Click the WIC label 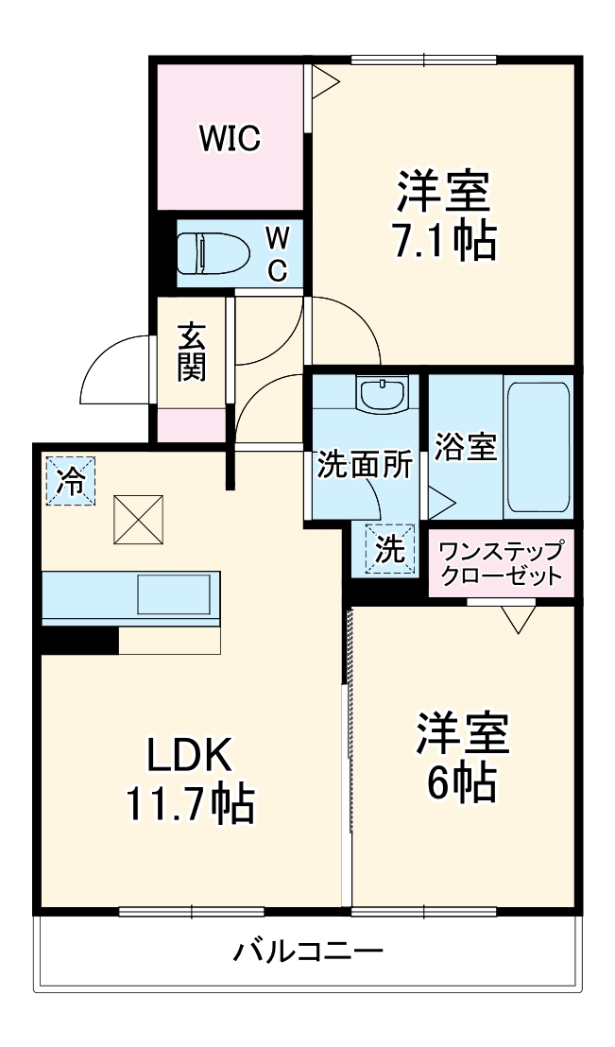230,139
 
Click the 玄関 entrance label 192,352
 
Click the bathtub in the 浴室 538,446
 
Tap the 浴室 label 465,447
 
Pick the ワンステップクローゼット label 502,563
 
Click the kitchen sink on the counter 174,595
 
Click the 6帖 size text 463,781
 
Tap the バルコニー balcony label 308,950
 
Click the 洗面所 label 364,464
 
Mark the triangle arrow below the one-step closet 519,618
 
